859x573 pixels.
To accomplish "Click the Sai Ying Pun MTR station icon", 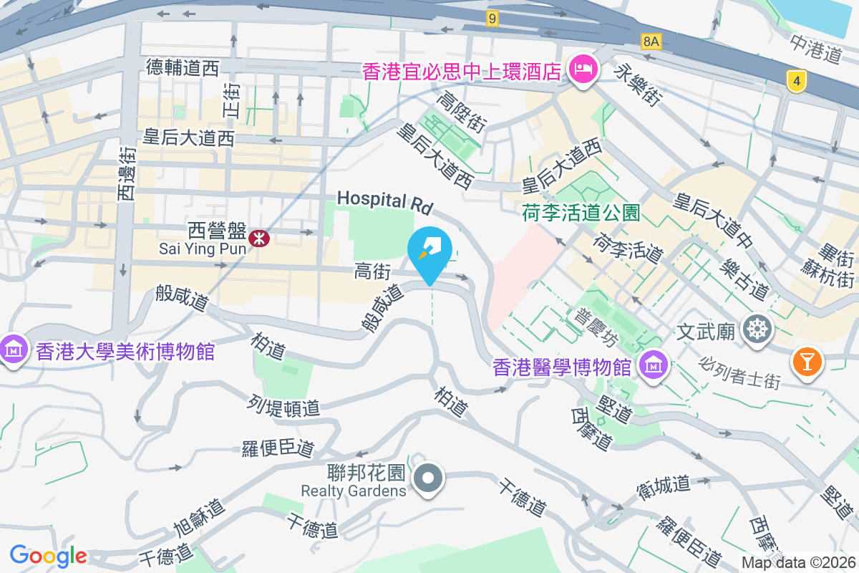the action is tap(259, 237).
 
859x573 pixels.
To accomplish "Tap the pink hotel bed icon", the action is tap(583, 70).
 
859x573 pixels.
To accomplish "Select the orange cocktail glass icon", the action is tap(807, 360).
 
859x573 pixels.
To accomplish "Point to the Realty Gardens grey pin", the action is tap(428, 478).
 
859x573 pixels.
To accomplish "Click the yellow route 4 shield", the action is tap(795, 81).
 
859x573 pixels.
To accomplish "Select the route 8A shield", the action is tap(651, 42).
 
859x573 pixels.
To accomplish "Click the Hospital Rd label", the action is tap(386, 202).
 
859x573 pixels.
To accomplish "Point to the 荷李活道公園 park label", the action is tap(581, 213).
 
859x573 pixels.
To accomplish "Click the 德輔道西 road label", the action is tap(182, 68).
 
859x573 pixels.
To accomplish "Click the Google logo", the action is tap(48, 556).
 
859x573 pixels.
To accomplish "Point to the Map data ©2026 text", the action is tap(798, 563).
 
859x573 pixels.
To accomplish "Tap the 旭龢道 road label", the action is tap(200, 517).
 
